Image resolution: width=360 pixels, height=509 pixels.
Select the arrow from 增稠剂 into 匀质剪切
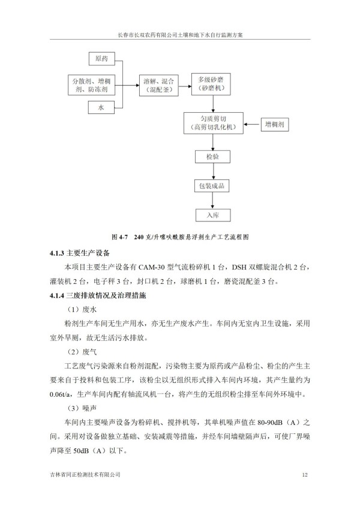pyautogui.click(x=251, y=124)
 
